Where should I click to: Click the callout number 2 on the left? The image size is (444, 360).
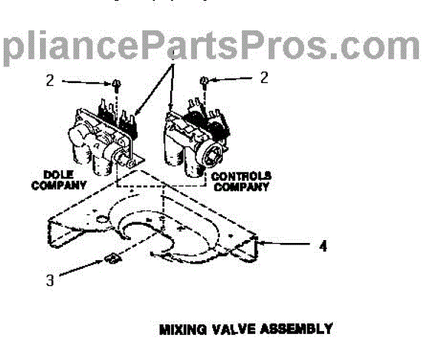[50, 81]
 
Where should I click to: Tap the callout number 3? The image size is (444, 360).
[50, 281]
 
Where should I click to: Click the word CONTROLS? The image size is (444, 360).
[242, 176]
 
